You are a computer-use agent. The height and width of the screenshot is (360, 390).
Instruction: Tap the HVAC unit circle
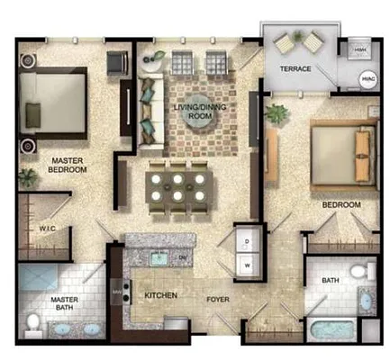click(x=367, y=78)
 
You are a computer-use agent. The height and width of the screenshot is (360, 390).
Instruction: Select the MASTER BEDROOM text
click(x=67, y=164)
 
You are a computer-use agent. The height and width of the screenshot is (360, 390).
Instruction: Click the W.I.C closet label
click(x=47, y=229)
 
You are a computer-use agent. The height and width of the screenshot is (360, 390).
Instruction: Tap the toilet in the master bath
click(x=35, y=322)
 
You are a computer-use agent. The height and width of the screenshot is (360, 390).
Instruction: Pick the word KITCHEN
click(x=160, y=295)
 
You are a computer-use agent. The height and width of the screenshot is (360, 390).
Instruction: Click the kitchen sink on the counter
click(x=159, y=258)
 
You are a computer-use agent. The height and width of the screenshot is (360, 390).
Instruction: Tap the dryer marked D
click(x=246, y=240)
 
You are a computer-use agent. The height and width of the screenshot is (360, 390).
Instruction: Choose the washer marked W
click(x=246, y=265)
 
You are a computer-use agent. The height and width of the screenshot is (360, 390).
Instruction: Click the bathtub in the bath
click(x=335, y=328)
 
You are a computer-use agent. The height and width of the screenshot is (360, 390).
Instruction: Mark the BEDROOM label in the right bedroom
click(x=341, y=205)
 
